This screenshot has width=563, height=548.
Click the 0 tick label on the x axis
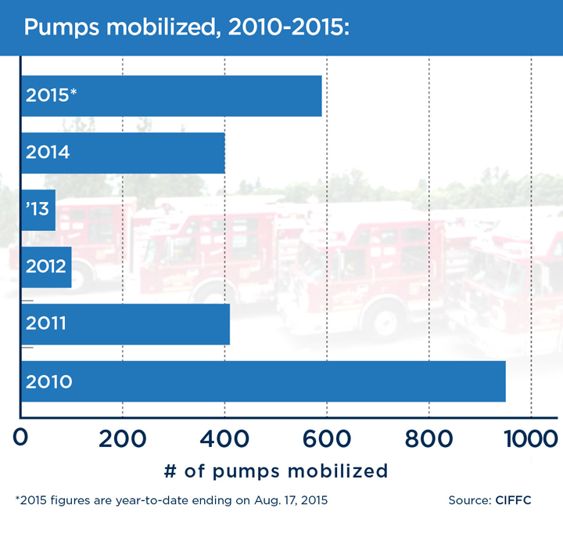coord(21,438)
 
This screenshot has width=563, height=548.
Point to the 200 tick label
coord(123,438)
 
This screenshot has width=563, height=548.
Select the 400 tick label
coord(225,438)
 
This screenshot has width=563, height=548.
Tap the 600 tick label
coord(327,438)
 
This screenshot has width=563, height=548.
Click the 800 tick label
coord(429,438)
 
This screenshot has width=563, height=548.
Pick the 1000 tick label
coord(531,438)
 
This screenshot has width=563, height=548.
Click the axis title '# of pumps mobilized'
coord(276,470)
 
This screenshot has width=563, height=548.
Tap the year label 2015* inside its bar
coord(52,96)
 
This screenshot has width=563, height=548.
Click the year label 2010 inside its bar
coord(48,382)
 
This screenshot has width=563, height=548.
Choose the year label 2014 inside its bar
coord(48,153)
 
